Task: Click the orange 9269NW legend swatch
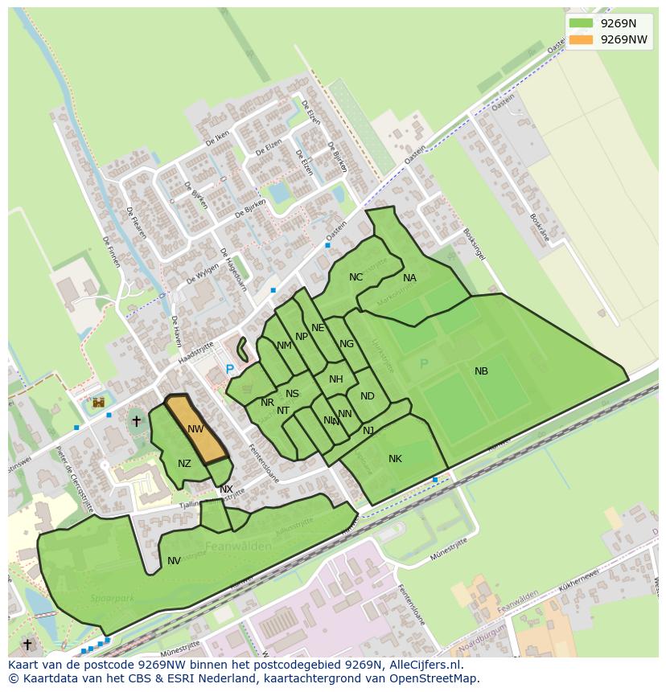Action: click(x=580, y=39)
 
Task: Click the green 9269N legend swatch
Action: click(x=580, y=23)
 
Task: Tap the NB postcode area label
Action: click(x=481, y=371)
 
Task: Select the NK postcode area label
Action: click(x=395, y=459)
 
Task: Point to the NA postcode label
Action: click(x=409, y=278)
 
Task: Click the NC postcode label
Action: click(x=356, y=277)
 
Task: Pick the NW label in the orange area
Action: click(x=195, y=429)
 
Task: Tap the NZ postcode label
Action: click(x=184, y=464)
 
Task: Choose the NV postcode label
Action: click(x=174, y=561)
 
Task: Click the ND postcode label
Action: click(x=367, y=396)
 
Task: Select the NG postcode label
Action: click(x=347, y=344)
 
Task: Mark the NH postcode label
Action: click(x=335, y=379)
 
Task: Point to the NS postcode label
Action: click(x=292, y=394)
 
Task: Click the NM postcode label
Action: click(x=284, y=346)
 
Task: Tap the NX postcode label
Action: click(x=226, y=489)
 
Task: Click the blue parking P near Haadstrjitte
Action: click(x=229, y=370)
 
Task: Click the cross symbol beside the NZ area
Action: click(x=136, y=420)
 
